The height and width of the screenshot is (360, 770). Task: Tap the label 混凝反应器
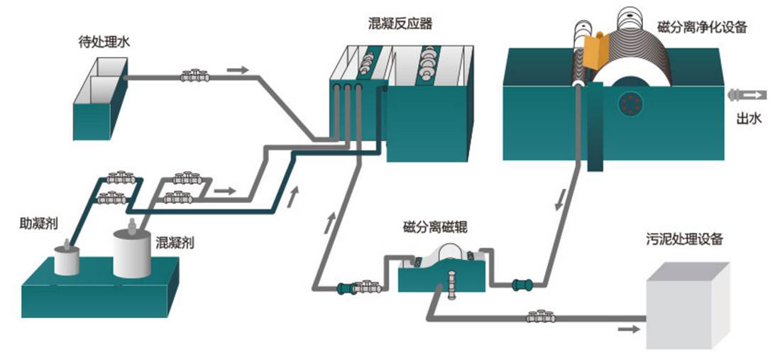click(397, 23)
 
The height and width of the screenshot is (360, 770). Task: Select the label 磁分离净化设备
click(702, 27)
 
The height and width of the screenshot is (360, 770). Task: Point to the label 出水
click(747, 118)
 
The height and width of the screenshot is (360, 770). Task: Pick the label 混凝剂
click(175, 243)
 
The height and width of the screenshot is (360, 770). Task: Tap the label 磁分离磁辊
click(434, 227)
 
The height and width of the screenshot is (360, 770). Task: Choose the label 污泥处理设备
click(684, 239)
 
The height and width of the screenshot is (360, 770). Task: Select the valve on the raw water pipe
click(194, 75)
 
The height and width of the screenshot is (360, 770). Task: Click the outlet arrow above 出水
click(747, 94)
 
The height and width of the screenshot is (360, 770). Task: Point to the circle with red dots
click(628, 105)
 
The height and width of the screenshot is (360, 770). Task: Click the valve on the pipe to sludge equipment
click(541, 317)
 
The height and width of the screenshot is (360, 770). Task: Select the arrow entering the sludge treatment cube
click(629, 329)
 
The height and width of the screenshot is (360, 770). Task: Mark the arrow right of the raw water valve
click(238, 70)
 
